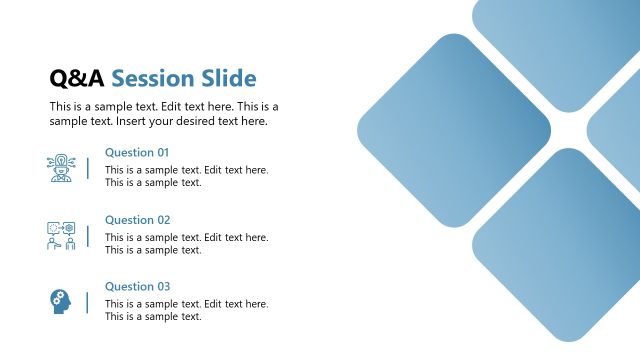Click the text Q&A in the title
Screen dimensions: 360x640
coord(77,79)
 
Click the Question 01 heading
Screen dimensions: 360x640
coord(137,153)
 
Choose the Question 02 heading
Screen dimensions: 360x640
coord(137,220)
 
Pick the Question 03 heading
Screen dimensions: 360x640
coord(137,287)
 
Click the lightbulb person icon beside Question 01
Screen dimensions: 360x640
coord(61,168)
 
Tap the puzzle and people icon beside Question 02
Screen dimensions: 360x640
coord(61,236)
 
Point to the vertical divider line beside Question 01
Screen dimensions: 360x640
coord(87,168)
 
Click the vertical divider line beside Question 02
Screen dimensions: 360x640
coord(87,236)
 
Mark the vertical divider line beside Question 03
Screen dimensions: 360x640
coord(87,302)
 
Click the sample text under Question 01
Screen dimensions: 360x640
coord(186,176)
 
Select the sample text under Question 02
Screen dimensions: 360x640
coord(186,243)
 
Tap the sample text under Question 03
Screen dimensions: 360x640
coord(186,310)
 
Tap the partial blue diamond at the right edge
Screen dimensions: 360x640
coord(620,130)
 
